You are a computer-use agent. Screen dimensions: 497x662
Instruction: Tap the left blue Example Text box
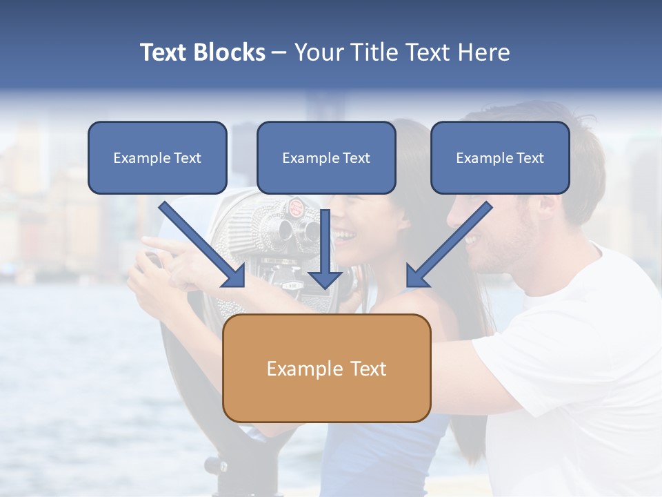[157, 157]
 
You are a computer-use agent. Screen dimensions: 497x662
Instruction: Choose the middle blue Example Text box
[326, 157]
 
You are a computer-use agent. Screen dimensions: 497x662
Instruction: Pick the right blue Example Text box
[500, 157]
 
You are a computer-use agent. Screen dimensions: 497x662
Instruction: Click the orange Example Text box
[326, 368]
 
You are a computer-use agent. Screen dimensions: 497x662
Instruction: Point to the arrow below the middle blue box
[325, 248]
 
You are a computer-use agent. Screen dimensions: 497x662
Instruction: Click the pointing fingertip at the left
[146, 240]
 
